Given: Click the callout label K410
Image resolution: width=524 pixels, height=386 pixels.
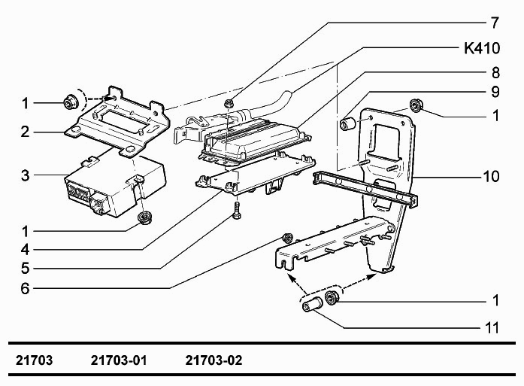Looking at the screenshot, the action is [482, 48].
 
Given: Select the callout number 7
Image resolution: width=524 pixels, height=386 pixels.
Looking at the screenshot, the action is [495, 23].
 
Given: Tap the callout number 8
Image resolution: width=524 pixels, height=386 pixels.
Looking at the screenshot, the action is [495, 72].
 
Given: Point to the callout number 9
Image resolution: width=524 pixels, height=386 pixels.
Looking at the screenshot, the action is [495, 92].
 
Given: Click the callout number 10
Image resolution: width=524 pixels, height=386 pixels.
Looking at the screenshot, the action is [491, 176].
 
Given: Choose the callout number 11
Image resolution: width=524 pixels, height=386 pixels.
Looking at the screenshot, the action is [492, 328].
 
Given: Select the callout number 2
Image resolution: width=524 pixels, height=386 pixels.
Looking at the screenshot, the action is [26, 132].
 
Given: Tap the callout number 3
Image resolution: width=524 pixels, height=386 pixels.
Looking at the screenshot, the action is [26, 175].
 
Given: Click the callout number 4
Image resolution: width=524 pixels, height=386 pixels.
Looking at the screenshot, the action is [26, 250].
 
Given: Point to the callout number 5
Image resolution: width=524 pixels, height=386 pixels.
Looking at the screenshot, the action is [26, 269].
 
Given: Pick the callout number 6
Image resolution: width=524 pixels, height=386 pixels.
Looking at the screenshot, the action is [26, 288].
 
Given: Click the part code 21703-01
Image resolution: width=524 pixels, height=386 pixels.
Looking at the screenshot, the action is [119, 360].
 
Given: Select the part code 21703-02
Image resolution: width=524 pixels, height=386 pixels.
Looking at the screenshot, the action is [214, 360].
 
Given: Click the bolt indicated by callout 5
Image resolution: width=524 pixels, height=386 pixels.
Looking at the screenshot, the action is [237, 211].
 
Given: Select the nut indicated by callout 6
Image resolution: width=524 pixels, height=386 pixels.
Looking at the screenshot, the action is [287, 239].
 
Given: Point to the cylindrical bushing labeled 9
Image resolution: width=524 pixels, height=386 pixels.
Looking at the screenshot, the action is [348, 123].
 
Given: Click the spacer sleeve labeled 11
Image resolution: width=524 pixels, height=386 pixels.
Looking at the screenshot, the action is [312, 305].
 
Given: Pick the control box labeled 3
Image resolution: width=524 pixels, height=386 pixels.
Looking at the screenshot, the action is [115, 187].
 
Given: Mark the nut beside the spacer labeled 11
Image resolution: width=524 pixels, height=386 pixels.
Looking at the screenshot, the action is [332, 297].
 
